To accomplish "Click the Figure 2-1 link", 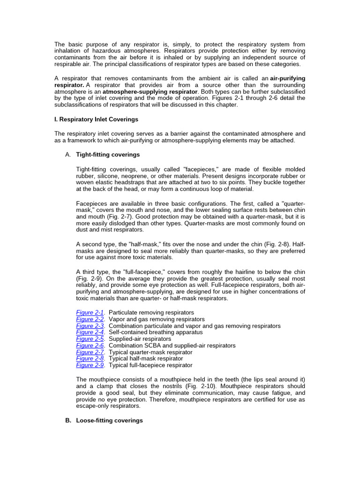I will (90, 313).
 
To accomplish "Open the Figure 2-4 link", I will (90, 332).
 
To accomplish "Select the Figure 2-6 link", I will (90, 345).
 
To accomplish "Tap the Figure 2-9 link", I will (90, 365).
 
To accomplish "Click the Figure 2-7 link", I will (90, 352).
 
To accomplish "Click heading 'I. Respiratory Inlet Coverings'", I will (96, 120).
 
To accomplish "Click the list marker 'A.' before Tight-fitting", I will (68, 155).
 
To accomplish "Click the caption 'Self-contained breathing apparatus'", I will (156, 332).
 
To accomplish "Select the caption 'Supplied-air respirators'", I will (140, 339).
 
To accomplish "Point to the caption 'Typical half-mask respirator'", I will (146, 359).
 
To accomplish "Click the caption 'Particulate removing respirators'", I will (151, 313).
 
